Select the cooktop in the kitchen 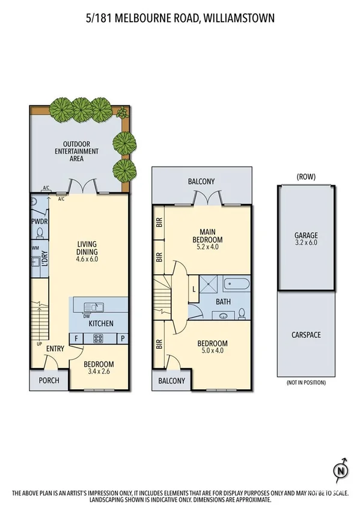(99, 338)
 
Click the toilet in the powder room (39, 231)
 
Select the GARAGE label (305, 236)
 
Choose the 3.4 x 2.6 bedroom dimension (99, 372)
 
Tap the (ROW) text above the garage (305, 177)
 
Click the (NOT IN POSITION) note (305, 382)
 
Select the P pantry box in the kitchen (122, 339)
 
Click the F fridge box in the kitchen (76, 339)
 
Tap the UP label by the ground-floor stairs (39, 345)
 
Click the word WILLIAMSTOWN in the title (239, 19)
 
